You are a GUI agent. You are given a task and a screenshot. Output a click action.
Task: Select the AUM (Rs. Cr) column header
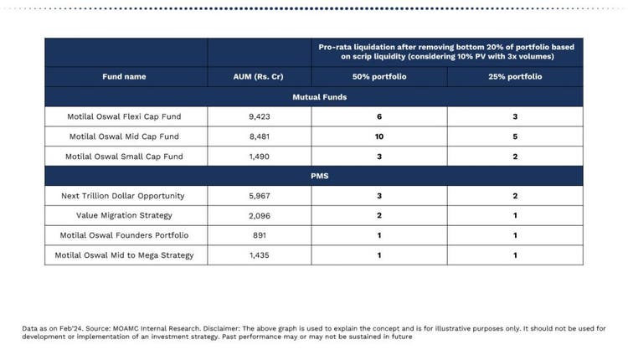coord(259,76)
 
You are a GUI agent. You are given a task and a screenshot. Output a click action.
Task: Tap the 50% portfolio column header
coord(379,76)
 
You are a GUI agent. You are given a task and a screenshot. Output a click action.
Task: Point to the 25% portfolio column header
coord(515,76)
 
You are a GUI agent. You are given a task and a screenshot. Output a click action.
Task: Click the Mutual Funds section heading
coord(313,96)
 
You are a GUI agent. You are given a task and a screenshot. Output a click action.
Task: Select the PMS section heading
coord(313,176)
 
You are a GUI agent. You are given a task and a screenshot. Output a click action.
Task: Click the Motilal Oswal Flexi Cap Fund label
coord(126,116)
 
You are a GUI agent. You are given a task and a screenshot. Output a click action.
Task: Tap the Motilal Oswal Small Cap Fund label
coord(126,157)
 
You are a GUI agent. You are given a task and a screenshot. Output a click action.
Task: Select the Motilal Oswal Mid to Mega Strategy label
coord(125,255)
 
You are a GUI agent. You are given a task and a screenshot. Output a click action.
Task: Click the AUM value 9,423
coord(259,116)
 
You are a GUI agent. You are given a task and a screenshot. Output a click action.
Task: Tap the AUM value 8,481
coord(259,136)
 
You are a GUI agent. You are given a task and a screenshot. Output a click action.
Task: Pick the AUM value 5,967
coord(259,196)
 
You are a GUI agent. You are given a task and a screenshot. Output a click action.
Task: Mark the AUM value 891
coord(259,235)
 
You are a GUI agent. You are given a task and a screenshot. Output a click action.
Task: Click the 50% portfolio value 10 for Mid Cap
coord(379,136)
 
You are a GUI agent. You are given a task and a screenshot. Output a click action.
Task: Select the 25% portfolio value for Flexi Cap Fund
coord(515,116)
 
